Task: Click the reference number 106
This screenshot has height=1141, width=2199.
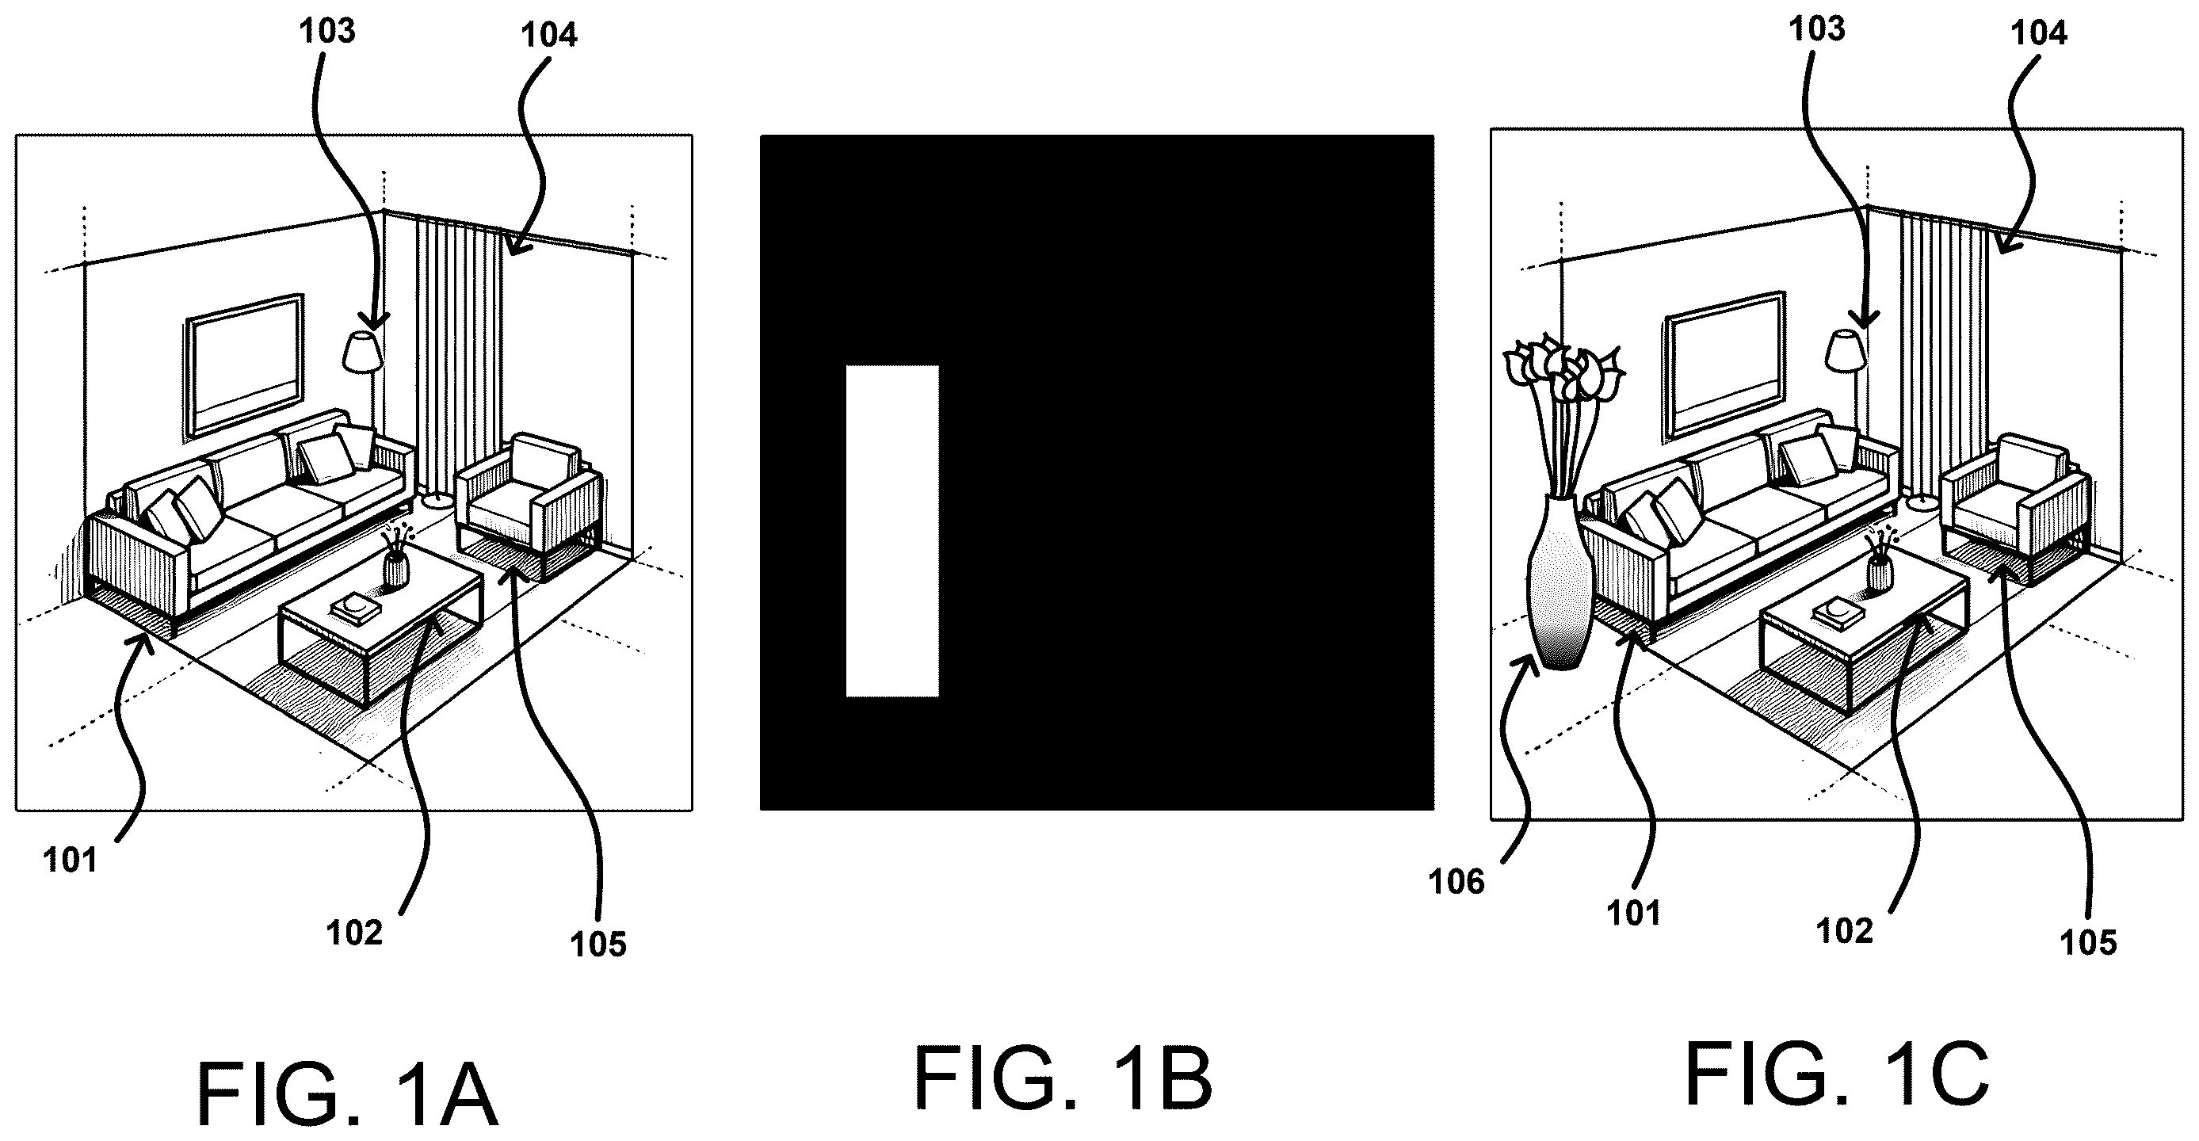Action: [x=1456, y=882]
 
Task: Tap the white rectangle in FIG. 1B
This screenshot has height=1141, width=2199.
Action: [x=892, y=531]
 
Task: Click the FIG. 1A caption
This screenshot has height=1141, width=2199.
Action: [x=347, y=1094]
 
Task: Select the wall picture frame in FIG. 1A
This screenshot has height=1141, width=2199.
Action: [x=245, y=364]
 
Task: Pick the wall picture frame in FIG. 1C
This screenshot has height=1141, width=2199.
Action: [x=1725, y=364]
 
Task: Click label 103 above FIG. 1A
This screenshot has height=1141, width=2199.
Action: [x=327, y=32]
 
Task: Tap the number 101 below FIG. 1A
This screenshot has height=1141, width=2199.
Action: [x=70, y=861]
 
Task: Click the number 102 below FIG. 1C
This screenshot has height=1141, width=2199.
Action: [x=1845, y=931]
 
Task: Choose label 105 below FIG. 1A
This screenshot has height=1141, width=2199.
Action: [x=598, y=944]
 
